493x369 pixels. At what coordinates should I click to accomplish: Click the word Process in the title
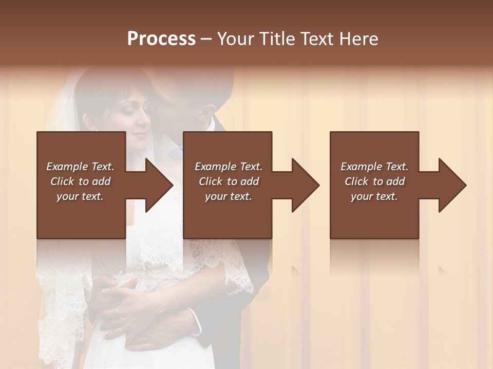(x=161, y=39)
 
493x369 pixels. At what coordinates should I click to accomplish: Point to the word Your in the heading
(x=237, y=39)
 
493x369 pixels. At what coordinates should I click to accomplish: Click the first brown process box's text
(x=80, y=181)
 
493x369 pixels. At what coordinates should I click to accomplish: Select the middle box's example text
(x=228, y=181)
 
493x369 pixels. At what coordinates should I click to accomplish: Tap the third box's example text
(x=374, y=181)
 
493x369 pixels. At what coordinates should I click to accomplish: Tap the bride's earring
(x=96, y=130)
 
